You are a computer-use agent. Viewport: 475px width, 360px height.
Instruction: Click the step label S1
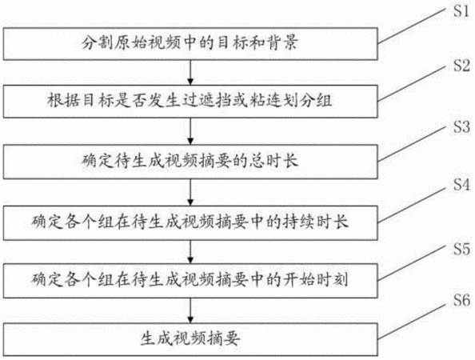point(461,10)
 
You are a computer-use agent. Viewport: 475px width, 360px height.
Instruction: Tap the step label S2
point(461,66)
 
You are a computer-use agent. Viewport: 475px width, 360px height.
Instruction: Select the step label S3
point(461,126)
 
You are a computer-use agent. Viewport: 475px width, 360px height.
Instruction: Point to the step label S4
point(461,185)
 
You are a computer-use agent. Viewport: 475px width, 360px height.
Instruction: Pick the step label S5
point(461,249)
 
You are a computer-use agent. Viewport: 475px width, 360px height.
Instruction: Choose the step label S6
point(461,300)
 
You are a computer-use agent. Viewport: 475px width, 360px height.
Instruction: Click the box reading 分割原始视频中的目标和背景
point(190,44)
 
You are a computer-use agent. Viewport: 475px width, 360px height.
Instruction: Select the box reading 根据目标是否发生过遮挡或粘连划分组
point(190,102)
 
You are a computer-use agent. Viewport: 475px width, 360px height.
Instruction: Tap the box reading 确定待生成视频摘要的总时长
point(190,162)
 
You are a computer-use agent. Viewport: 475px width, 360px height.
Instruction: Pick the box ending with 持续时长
point(190,223)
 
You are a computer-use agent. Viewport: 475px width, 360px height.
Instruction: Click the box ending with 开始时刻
point(190,281)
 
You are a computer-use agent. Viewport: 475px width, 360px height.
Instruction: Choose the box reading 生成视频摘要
point(190,339)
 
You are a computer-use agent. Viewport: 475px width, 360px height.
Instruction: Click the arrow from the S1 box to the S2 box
point(190,73)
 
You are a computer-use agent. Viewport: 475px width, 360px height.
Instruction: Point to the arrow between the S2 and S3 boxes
point(190,131)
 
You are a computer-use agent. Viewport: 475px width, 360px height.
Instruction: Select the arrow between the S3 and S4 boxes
point(190,193)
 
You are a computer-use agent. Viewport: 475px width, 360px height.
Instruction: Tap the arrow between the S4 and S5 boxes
point(190,252)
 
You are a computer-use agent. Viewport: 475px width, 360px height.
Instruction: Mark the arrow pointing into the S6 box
point(190,310)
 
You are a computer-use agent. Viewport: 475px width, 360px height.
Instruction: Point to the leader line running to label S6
point(412,322)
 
